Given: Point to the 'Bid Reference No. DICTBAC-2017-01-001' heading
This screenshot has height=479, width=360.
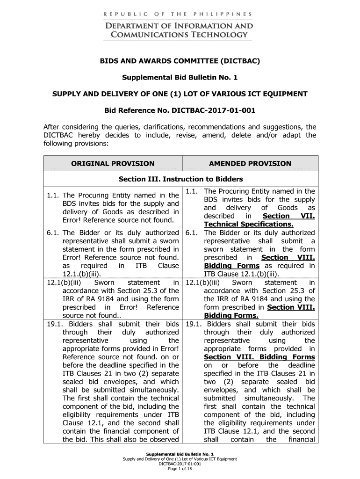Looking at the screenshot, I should [x=180, y=111].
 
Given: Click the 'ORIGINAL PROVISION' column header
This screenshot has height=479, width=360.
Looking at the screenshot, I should [x=112, y=164].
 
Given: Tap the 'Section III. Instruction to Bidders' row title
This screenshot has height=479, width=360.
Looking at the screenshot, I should [x=180, y=179].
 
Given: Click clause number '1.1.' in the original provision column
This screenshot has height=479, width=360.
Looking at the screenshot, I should [x=53, y=195].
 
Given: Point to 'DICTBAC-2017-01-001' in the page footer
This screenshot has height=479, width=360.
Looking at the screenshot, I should [x=180, y=464].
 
